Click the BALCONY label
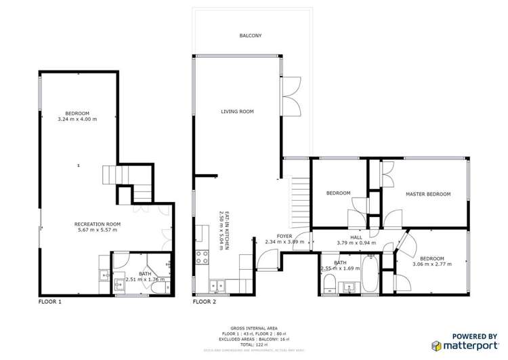coord(250,35)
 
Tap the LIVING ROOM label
coord(237,111)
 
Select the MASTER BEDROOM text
coord(427,194)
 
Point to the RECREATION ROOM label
coord(98,224)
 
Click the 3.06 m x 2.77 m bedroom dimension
coord(431,264)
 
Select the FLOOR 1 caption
coord(49,302)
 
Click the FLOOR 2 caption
coord(205,302)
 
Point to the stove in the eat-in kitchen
coord(202,257)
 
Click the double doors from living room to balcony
coord(292,96)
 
